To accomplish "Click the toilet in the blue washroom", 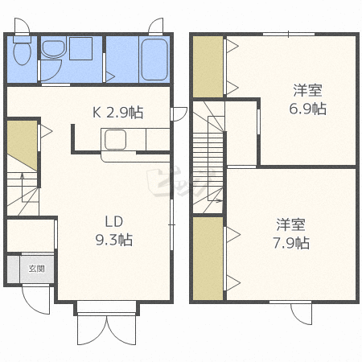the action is pos(23,51).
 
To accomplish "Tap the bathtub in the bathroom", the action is pos(154,60).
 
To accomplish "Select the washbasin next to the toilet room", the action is pos(54,48).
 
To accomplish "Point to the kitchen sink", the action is pos(115,139).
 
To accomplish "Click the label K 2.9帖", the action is pos(117,113).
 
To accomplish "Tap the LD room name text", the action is pos(114,222).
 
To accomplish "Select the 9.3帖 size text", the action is pos(114,240).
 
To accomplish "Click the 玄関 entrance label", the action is pos(36,269).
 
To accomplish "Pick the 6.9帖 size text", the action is pos(307,109).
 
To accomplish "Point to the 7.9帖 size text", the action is pos(291,243).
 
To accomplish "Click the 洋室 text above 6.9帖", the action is pos(307,90).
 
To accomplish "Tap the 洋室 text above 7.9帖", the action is pos(291,224).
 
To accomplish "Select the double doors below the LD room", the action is pos(107,331).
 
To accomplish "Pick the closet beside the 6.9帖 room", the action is pos(208,67).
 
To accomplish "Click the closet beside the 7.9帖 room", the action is pos(208,258).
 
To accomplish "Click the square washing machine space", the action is pos(81,48).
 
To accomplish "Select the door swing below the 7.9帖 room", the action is pos(302,314).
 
